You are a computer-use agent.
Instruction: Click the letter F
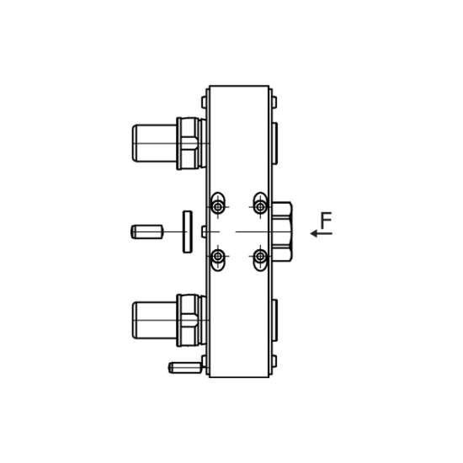pos(326,221)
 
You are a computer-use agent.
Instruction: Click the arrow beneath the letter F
pos(320,234)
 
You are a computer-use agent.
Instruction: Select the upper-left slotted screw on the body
pos(218,206)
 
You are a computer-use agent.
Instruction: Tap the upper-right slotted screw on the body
pos(261,206)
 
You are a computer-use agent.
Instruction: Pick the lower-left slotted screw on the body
pos(218,256)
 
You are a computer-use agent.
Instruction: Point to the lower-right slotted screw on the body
pos(261,256)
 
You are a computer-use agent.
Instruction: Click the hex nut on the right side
pos(281,231)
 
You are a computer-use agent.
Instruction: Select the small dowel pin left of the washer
pos(146,231)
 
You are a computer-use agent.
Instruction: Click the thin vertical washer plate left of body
pos(187,231)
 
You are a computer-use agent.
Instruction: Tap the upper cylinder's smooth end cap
pos(153,143)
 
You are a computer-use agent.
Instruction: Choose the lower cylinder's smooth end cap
pos(153,319)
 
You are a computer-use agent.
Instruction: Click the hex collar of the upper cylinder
pos(190,143)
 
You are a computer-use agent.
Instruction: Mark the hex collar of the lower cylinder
pos(190,320)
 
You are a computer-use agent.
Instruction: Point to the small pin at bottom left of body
pos(183,367)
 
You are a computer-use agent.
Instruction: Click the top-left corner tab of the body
pos(205,102)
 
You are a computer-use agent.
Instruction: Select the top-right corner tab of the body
pos(273,102)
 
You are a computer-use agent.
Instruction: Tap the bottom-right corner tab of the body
pos(273,361)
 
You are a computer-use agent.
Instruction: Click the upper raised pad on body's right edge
pos(274,142)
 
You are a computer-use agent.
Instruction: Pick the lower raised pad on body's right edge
pos(274,320)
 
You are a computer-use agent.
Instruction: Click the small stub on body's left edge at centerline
pos(205,231)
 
